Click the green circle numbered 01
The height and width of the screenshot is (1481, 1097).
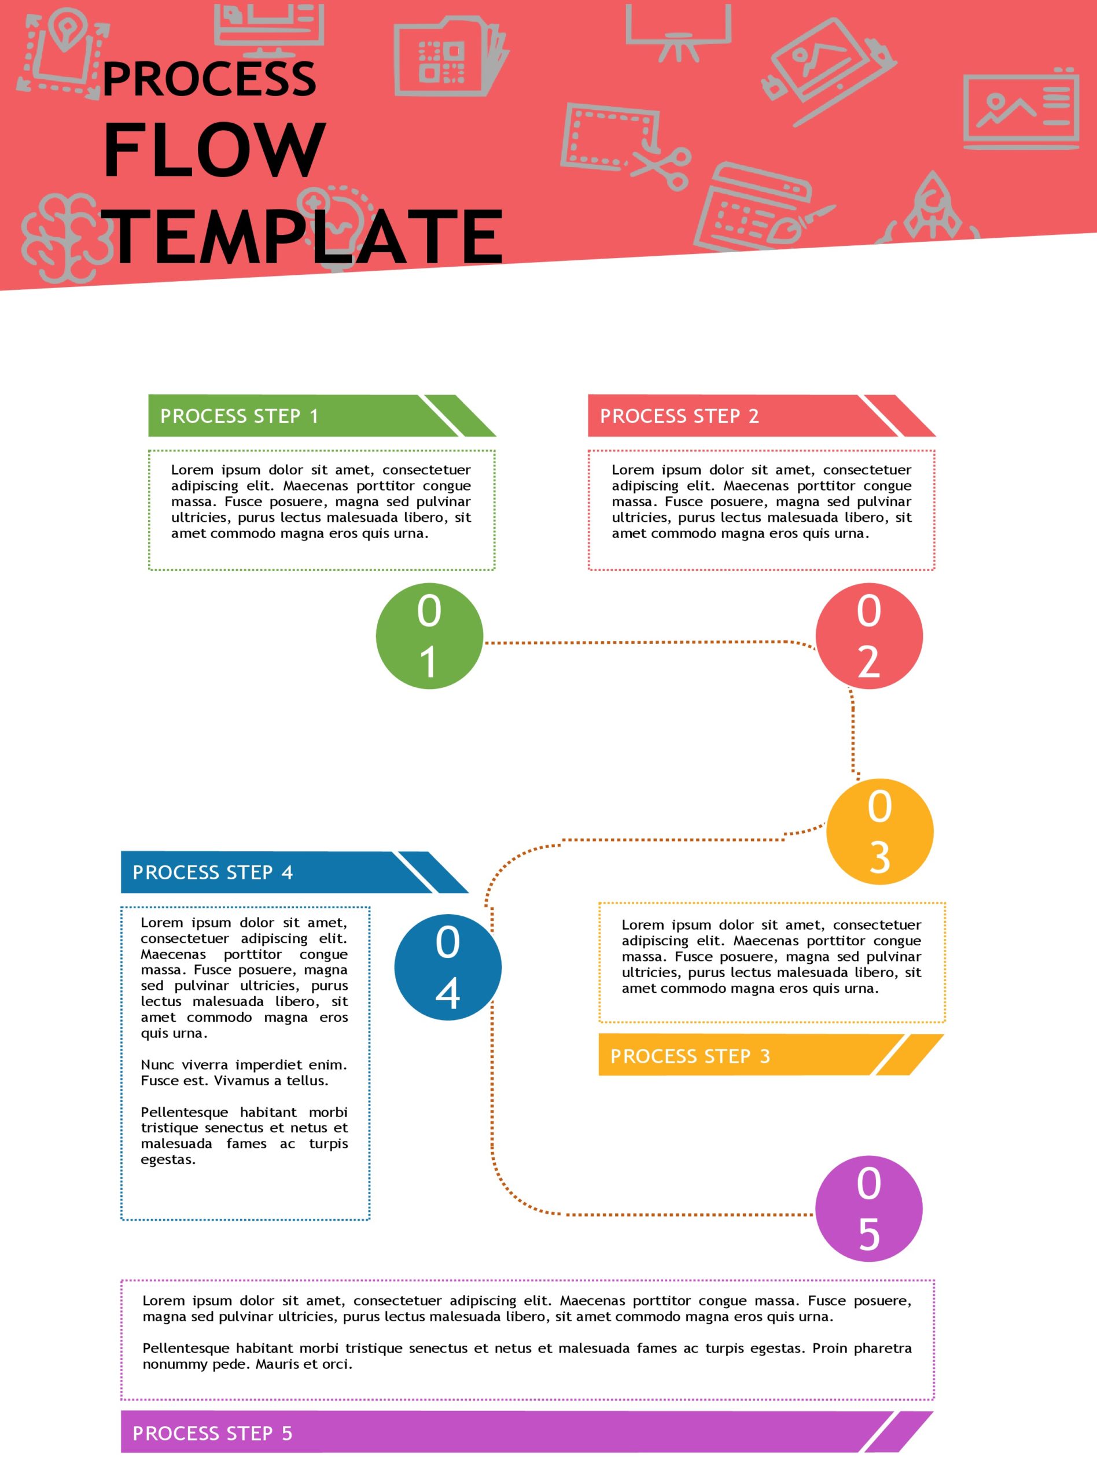point(429,635)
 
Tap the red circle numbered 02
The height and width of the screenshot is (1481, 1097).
point(868,635)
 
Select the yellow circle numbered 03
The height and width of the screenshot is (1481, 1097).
point(879,831)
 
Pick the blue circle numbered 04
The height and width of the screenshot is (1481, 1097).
point(448,967)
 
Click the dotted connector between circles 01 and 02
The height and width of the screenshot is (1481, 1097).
point(638,642)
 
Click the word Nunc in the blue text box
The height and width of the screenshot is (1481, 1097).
point(157,1065)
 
